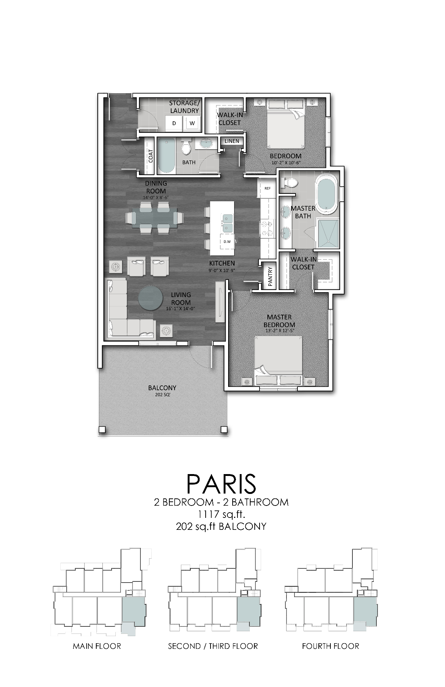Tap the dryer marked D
point(174,123)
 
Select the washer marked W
point(192,123)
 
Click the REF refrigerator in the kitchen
point(267,188)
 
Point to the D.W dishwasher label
point(227,242)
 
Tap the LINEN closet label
point(232,141)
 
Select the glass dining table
point(154,218)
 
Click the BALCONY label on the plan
point(162,388)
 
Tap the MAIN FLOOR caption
point(97,646)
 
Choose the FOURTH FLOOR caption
point(330,646)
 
